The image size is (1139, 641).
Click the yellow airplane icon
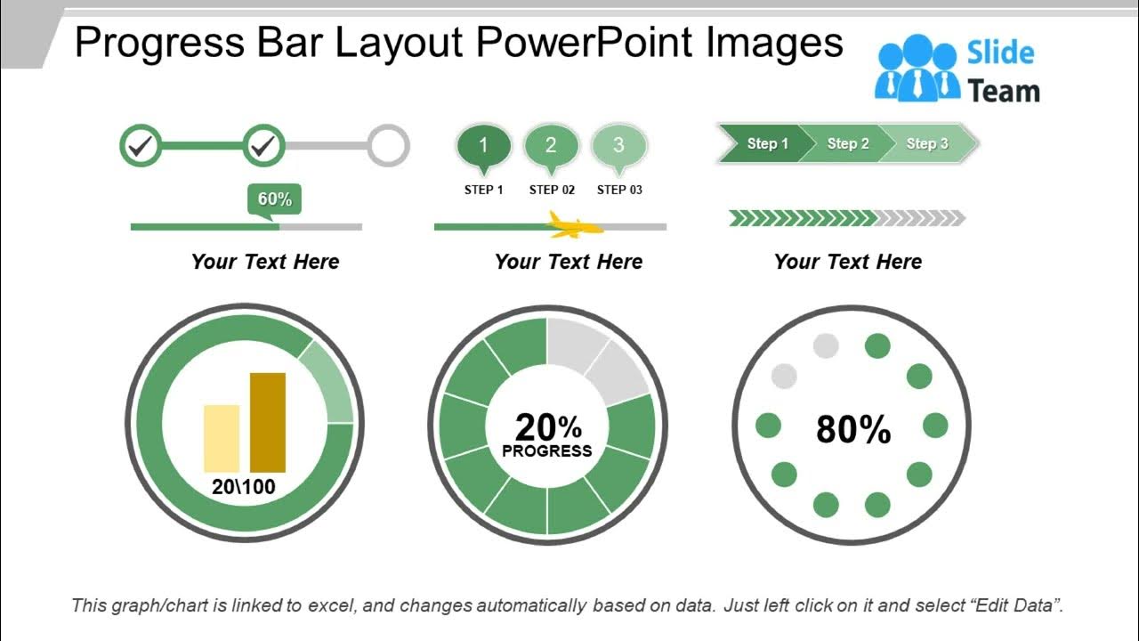pyautogui.click(x=573, y=226)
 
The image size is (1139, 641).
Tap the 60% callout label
pyautogui.click(x=274, y=199)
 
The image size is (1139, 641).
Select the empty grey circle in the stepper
pyautogui.click(x=388, y=146)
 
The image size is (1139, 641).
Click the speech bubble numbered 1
pyautogui.click(x=483, y=146)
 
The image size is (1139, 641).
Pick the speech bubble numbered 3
pyautogui.click(x=618, y=146)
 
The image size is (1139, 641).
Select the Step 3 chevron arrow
pyautogui.click(x=927, y=143)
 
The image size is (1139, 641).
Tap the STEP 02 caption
pyautogui.click(x=552, y=190)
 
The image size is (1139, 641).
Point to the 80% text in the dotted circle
pyautogui.click(x=852, y=430)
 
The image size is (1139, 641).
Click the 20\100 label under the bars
pyautogui.click(x=244, y=487)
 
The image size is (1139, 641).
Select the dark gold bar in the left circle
pyautogui.click(x=268, y=422)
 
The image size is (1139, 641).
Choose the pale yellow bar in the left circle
pyautogui.click(x=222, y=438)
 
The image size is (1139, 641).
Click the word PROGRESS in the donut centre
pyautogui.click(x=546, y=451)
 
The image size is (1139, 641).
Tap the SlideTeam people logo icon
pyautogui.click(x=917, y=69)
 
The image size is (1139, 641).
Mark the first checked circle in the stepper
pyautogui.click(x=141, y=146)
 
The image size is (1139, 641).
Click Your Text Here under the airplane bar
pyautogui.click(x=568, y=262)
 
